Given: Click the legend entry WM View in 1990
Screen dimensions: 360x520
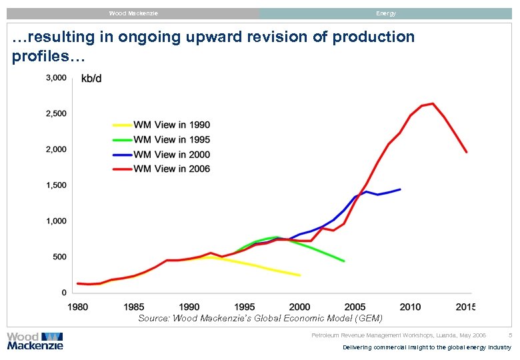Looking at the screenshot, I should (172, 125).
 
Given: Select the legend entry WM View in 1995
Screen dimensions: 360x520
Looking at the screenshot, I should (172, 139).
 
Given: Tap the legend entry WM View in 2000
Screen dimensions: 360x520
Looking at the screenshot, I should (172, 154).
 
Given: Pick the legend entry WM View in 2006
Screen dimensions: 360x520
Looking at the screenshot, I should (172, 169).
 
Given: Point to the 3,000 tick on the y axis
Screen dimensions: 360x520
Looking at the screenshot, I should (55, 78).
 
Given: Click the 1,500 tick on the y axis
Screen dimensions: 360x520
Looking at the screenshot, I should (55, 185).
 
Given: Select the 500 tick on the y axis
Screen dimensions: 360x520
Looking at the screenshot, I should (59, 257).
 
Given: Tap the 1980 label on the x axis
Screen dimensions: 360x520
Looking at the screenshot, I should (78, 307).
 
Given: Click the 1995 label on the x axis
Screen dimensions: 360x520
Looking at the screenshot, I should (245, 307).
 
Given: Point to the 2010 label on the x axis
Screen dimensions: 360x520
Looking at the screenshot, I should (411, 307).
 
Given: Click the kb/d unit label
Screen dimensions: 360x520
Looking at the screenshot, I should (91, 79).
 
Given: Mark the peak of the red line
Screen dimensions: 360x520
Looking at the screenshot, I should (433, 103).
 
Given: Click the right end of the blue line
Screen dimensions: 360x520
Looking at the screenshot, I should (400, 189).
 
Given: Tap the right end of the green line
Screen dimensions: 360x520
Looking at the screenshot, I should (344, 261).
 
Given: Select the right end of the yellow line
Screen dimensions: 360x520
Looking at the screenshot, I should (300, 275).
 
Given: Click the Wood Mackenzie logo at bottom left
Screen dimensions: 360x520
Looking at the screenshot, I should (35, 341).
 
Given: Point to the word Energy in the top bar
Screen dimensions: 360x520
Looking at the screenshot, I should (385, 13).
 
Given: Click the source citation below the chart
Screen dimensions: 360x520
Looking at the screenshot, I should (260, 319).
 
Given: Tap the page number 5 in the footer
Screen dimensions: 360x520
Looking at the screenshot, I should (510, 335).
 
